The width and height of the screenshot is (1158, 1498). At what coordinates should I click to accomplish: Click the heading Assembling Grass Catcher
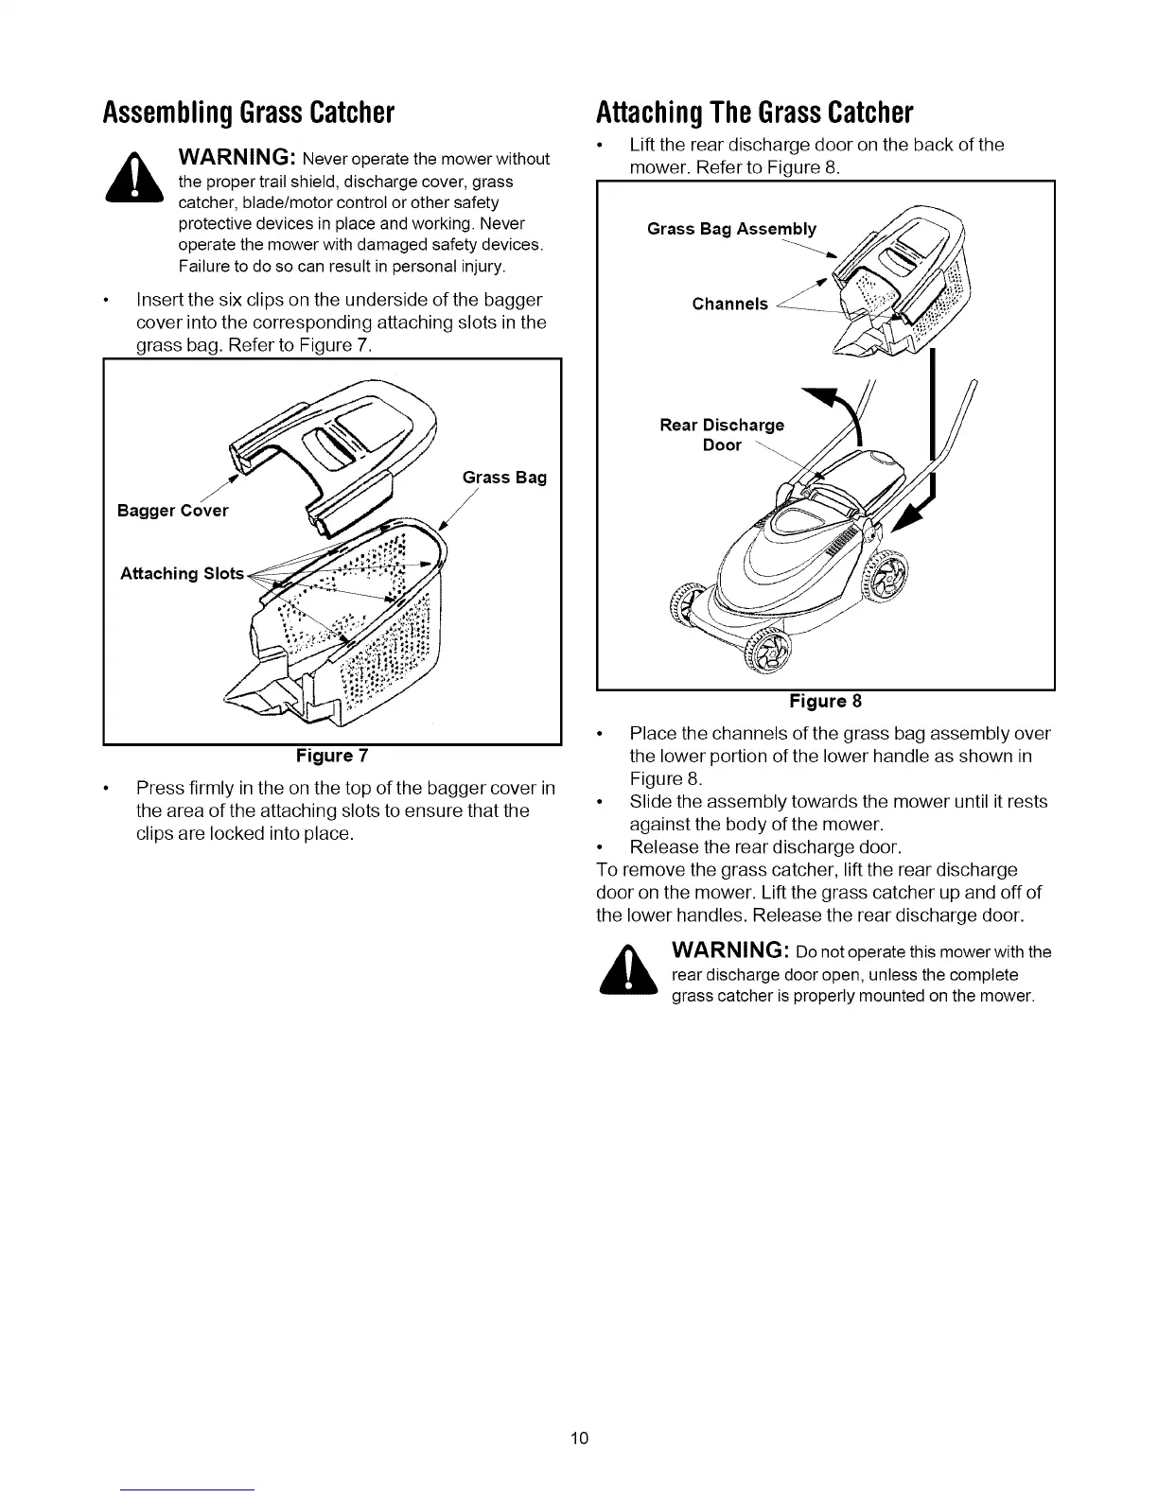coord(248,113)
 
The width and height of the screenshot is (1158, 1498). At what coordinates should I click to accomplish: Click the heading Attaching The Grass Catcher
coord(754,113)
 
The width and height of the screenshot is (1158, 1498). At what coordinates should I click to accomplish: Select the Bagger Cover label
coord(172,511)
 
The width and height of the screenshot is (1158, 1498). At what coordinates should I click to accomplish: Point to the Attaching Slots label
coord(182,574)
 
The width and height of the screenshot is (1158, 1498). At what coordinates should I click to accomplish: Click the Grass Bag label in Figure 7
coord(504,478)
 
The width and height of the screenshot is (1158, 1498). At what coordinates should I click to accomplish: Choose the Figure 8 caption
coord(825,701)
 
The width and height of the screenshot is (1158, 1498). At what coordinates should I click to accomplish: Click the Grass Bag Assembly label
coord(731,229)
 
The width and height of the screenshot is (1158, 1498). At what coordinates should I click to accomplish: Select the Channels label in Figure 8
coord(729,304)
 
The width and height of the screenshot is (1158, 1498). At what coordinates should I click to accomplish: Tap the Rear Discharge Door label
coord(722,435)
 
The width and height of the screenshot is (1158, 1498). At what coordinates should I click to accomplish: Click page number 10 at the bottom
coord(579,1438)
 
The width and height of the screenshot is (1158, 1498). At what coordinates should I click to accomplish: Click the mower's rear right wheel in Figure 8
coord(888,576)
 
